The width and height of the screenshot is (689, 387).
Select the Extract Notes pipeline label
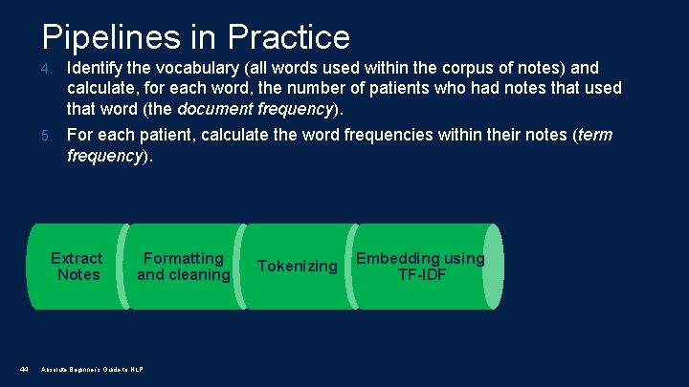tap(77, 267)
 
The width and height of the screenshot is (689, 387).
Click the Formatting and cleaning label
tap(183, 267)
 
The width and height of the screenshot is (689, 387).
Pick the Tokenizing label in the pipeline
tap(298, 267)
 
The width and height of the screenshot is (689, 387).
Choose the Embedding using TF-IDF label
tap(420, 267)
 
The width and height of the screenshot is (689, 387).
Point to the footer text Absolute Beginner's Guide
tap(92, 370)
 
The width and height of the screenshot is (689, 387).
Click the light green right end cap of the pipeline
tap(492, 267)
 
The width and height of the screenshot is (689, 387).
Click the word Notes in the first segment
tap(78, 275)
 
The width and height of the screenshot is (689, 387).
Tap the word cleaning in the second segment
tap(198, 275)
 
